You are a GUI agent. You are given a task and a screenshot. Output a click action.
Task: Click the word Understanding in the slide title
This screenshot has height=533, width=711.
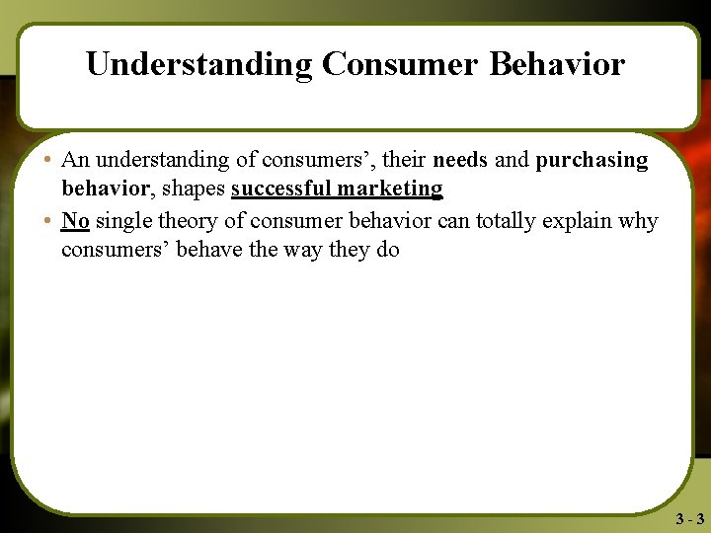pos(198,64)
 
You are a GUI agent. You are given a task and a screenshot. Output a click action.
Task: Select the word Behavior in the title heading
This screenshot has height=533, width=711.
pos(557,64)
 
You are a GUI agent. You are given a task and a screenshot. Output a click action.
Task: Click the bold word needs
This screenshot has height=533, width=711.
pos(460,160)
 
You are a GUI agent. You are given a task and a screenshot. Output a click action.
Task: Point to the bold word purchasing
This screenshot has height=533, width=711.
pos(592,161)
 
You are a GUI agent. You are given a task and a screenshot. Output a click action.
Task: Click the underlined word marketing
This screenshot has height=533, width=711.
pos(390,190)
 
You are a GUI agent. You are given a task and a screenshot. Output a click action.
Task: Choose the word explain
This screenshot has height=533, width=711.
pos(586,220)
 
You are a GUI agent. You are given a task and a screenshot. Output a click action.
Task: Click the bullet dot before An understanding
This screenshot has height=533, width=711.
pos(47,160)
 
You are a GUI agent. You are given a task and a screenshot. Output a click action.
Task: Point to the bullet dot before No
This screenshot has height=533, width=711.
pos(47,219)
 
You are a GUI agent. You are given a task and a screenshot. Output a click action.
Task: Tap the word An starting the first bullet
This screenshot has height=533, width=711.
pos(75,160)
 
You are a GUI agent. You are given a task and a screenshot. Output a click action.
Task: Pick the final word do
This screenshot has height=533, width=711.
pos(387,249)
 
